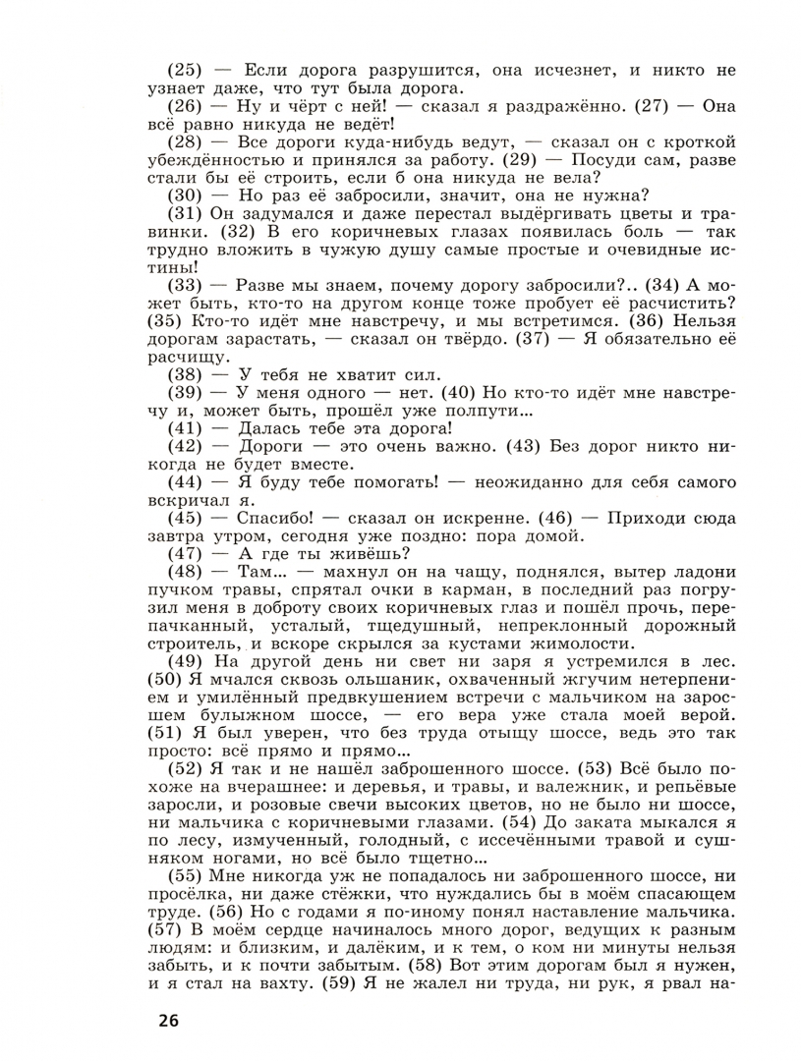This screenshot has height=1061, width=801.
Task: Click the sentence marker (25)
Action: click(x=185, y=71)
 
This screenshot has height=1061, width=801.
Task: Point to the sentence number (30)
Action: click(x=185, y=195)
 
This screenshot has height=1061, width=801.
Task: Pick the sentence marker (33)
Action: click(x=185, y=285)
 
